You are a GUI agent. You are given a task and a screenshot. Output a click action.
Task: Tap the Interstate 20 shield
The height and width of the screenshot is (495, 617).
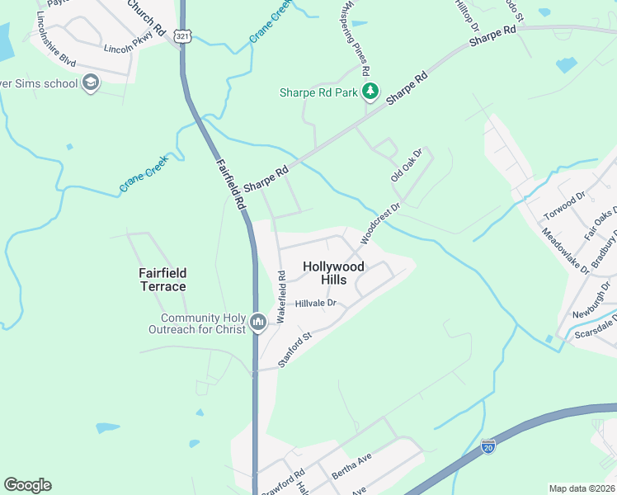click(488, 446)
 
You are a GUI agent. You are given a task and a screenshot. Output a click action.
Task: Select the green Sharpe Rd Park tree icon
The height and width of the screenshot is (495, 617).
click(371, 92)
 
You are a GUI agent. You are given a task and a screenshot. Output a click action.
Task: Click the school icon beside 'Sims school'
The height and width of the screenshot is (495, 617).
click(90, 83)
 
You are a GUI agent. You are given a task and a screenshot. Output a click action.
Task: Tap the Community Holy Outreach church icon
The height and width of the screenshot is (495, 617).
click(258, 322)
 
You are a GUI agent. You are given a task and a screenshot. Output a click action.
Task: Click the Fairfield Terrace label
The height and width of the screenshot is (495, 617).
click(162, 280)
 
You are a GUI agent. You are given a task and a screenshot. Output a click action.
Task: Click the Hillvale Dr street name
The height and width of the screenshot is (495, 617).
click(317, 304)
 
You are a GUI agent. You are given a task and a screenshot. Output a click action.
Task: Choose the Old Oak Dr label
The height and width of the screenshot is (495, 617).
click(406, 166)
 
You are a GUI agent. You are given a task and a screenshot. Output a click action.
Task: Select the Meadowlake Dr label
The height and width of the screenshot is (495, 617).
click(566, 252)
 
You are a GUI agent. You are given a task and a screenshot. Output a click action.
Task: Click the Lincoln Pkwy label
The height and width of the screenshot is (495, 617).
click(129, 49)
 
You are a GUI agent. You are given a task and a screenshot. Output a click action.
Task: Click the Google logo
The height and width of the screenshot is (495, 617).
click(27, 485)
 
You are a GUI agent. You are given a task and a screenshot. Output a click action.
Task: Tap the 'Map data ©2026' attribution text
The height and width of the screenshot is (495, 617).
click(582, 488)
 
